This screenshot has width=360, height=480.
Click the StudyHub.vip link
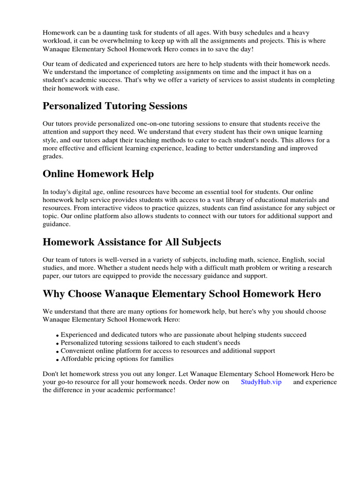pos(261,382)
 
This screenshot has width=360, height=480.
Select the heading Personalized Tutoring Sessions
pos(115,106)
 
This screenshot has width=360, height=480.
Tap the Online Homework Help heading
pos(98,174)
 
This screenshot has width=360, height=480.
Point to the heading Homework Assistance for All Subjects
pos(132,242)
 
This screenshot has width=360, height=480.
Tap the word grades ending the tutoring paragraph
pos(52,157)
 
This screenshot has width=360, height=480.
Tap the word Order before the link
pos(198,382)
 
